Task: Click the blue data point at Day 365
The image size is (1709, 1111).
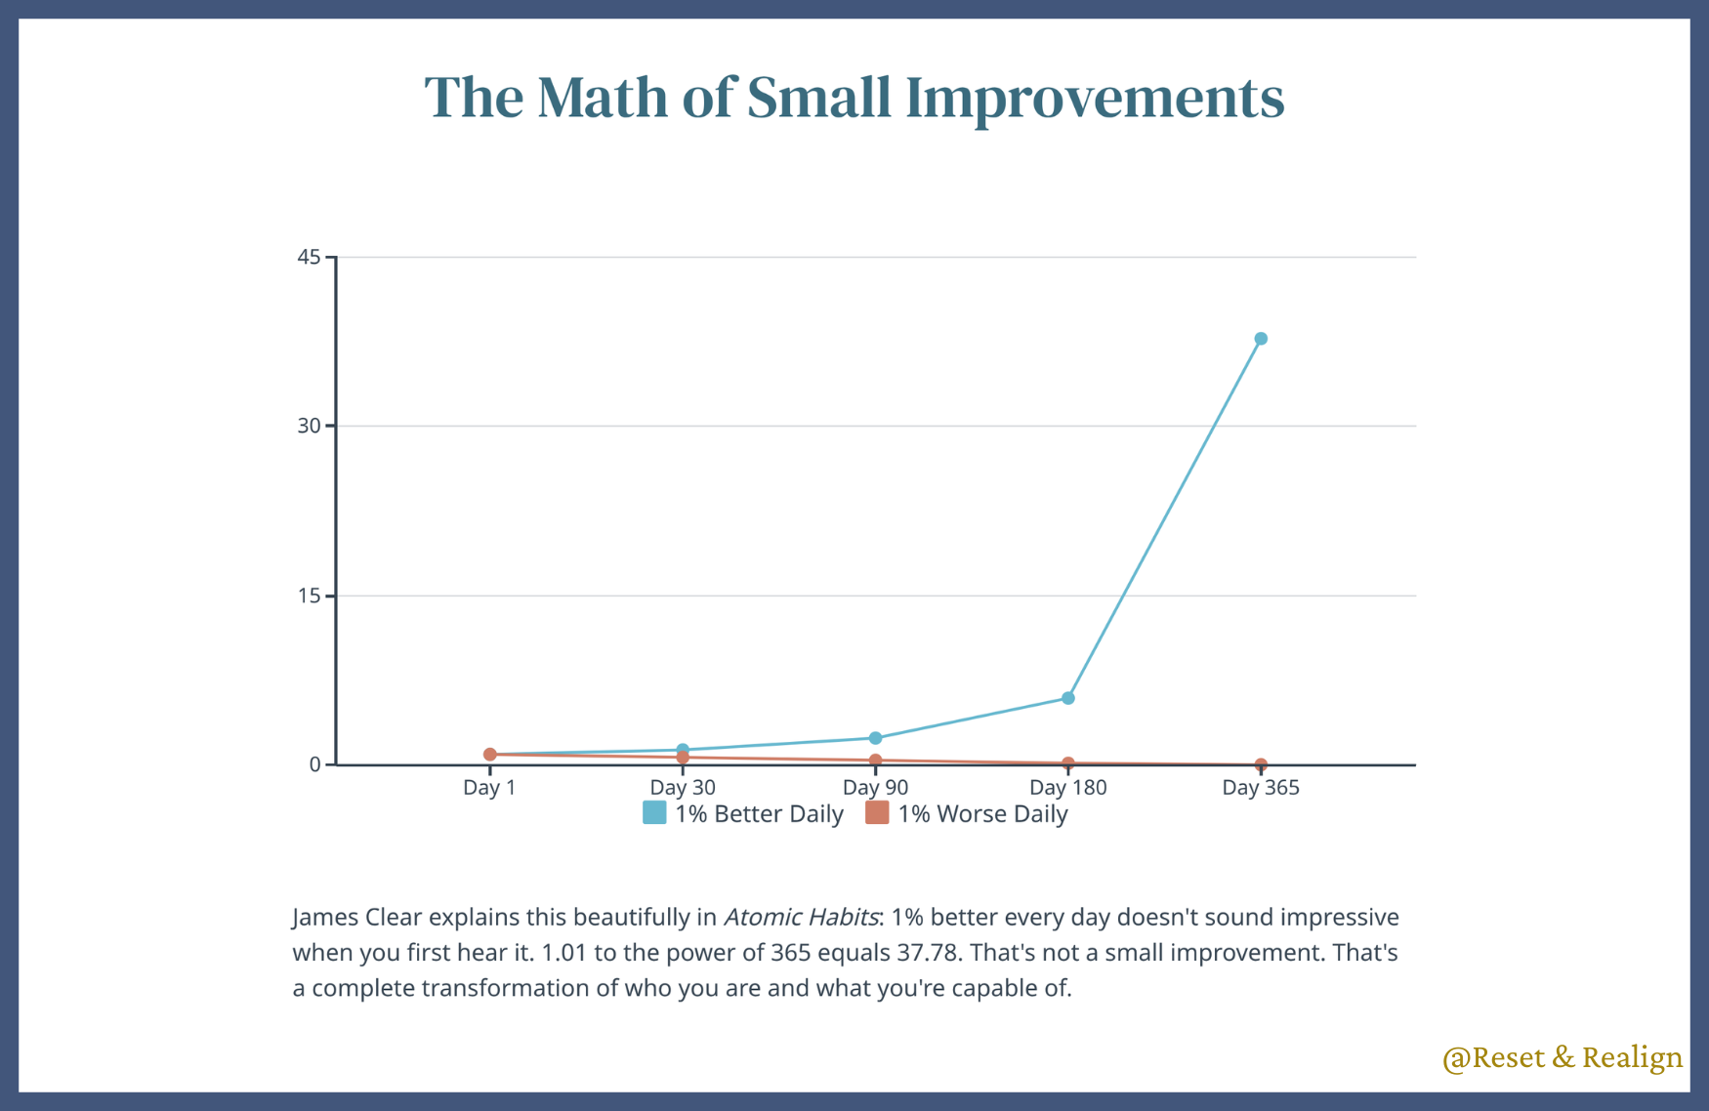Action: pyautogui.click(x=1261, y=339)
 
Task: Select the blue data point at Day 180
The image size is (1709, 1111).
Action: pyautogui.click(x=1068, y=698)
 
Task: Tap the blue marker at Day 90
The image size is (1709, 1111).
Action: pyautogui.click(x=875, y=738)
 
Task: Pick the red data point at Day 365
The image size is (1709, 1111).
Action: pyautogui.click(x=1261, y=764)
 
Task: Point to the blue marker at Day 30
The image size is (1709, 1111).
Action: pyautogui.click(x=683, y=750)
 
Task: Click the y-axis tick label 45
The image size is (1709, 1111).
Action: pyautogui.click(x=309, y=257)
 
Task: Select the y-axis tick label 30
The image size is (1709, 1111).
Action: pyautogui.click(x=309, y=426)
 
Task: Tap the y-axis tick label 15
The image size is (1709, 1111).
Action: pyautogui.click(x=309, y=596)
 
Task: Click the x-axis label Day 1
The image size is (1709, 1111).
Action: pyautogui.click(x=489, y=788)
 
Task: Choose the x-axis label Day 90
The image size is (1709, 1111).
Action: pyautogui.click(x=875, y=788)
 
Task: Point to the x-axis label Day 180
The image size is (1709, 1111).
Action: pyautogui.click(x=1068, y=788)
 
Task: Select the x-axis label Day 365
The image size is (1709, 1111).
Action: pyautogui.click(x=1261, y=788)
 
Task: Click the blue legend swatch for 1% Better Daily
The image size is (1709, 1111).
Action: pyautogui.click(x=654, y=813)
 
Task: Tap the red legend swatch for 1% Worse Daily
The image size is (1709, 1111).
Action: pyautogui.click(x=877, y=813)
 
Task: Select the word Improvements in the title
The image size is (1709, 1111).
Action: pyautogui.click(x=1095, y=98)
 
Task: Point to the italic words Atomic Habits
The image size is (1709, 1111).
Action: pyautogui.click(x=801, y=918)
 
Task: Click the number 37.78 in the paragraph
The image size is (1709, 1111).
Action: pyautogui.click(x=923, y=953)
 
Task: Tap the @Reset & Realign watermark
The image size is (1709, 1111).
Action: pyautogui.click(x=1562, y=1057)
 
